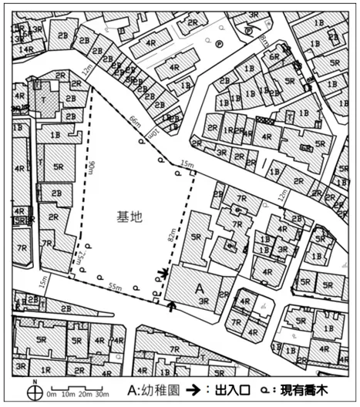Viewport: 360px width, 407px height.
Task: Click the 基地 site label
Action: click(x=130, y=218)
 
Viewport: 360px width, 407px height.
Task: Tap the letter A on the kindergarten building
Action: click(x=199, y=288)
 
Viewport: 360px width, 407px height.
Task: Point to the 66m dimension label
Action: click(x=136, y=123)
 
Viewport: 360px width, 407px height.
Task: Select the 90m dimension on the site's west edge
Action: click(x=91, y=170)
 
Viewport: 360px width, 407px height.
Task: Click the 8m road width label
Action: click(x=264, y=36)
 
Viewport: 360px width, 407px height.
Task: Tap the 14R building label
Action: click(x=25, y=49)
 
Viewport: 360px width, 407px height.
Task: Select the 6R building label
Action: click(x=274, y=57)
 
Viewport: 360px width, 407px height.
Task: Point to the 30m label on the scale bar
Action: click(x=101, y=394)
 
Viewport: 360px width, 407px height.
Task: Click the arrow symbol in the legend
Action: click(x=210, y=390)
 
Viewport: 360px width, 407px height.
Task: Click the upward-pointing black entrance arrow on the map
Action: click(x=171, y=306)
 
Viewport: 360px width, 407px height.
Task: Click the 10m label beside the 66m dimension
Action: click(x=152, y=135)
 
